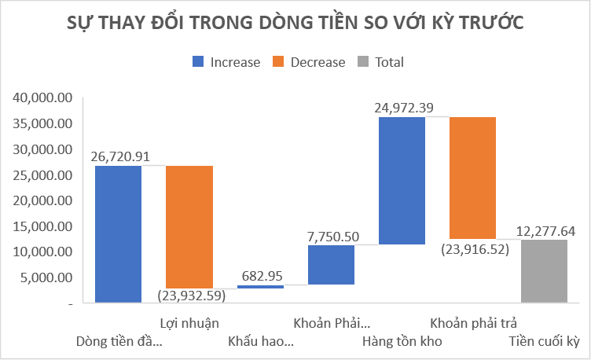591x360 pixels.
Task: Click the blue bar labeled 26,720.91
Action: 118,233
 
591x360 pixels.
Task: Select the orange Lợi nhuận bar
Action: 189,227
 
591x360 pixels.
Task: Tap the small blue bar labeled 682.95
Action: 260,287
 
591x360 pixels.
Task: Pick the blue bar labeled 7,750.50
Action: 331,264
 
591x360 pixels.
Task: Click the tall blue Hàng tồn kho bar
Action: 402,180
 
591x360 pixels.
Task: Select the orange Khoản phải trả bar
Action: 472,178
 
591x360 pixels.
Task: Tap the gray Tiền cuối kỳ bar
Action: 544,271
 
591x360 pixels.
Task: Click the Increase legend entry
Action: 226,62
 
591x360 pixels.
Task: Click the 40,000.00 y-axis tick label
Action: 42,98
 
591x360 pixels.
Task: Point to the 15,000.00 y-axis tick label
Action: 42,226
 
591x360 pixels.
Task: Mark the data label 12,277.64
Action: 546,231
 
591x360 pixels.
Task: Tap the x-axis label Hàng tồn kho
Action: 402,342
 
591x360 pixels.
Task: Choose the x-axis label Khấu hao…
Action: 261,342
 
